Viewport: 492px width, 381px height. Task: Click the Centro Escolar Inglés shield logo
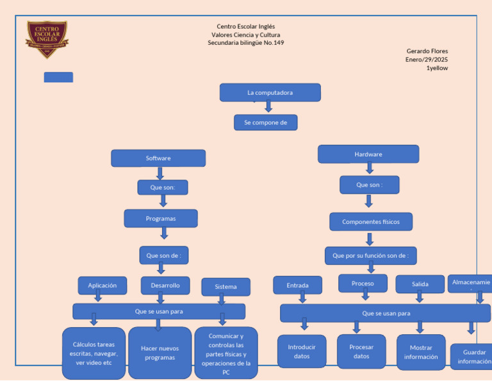click(47, 39)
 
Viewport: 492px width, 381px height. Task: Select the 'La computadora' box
click(270, 92)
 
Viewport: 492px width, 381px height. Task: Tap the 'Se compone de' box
click(265, 123)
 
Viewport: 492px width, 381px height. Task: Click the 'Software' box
click(158, 158)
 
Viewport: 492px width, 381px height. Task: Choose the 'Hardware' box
click(368, 154)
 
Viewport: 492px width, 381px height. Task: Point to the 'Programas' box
click(161, 219)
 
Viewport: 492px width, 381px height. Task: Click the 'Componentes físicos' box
click(371, 222)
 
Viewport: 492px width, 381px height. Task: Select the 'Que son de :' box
click(163, 255)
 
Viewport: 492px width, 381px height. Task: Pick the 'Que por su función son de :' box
click(370, 256)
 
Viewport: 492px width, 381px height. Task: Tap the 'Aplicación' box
click(102, 285)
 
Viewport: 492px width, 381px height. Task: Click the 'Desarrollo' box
click(165, 285)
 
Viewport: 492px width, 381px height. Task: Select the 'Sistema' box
click(225, 287)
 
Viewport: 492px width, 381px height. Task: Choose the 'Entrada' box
click(297, 285)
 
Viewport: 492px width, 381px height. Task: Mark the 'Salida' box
click(420, 284)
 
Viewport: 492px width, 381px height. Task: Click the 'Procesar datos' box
click(361, 351)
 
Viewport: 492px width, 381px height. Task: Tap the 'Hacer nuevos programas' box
click(160, 353)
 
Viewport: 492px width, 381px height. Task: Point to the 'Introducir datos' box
click(302, 351)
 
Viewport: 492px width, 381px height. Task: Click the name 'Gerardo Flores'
click(427, 51)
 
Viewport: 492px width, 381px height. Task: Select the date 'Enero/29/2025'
click(427, 59)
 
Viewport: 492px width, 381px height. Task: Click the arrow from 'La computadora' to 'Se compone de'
click(268, 107)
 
